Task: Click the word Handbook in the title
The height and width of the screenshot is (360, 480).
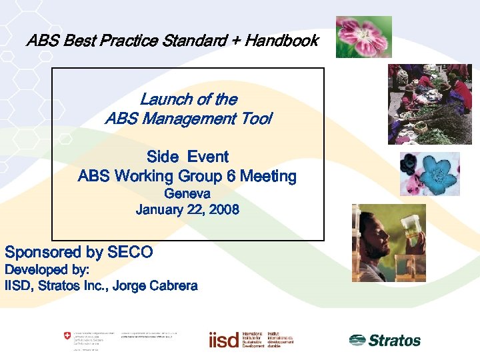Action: tap(281, 41)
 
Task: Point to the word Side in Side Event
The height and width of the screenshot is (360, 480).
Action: tap(162, 157)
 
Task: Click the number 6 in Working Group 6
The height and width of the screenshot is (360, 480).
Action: tap(231, 177)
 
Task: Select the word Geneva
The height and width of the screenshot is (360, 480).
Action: tap(187, 194)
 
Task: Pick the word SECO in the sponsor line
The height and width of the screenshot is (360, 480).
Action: tap(130, 253)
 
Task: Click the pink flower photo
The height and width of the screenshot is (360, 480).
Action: tap(363, 37)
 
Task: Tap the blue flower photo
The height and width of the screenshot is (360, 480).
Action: tap(430, 173)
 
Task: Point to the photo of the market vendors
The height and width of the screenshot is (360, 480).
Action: tap(430, 103)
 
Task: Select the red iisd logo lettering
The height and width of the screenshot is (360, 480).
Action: tap(223, 340)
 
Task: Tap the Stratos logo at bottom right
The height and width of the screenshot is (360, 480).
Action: tap(385, 340)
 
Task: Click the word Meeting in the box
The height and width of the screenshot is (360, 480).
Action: tap(268, 177)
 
